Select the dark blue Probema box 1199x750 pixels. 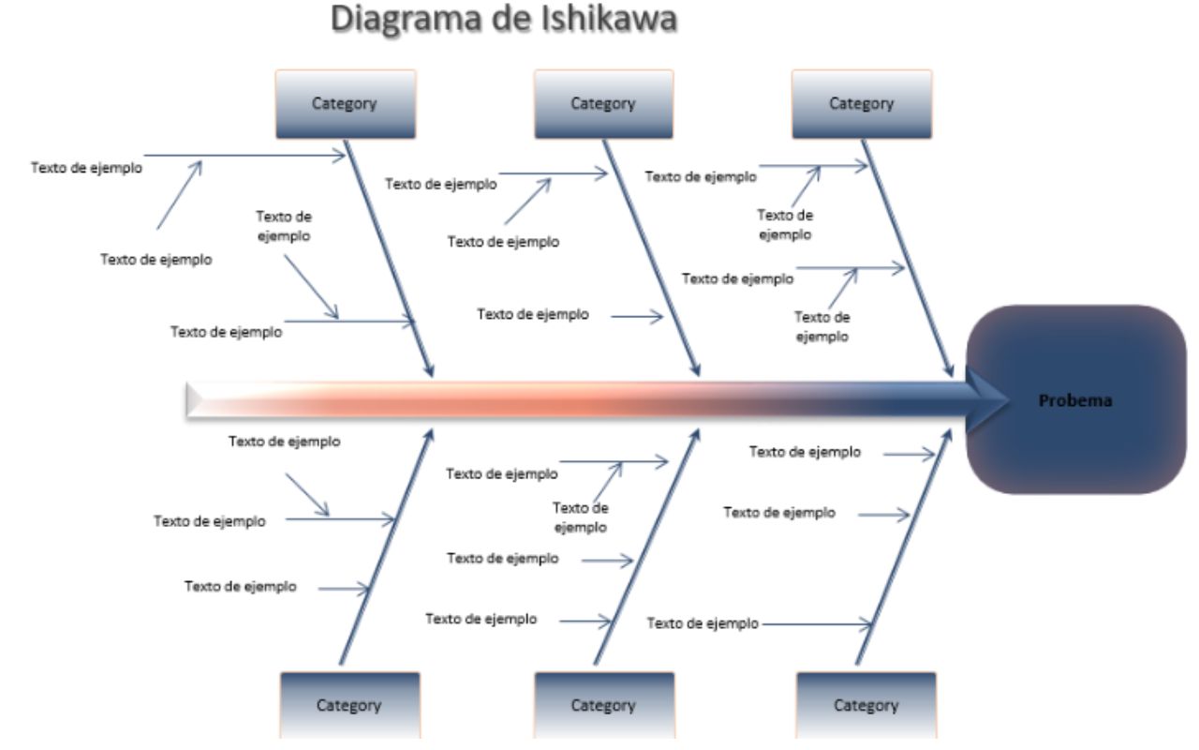[1074, 399]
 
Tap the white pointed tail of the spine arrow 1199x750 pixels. [195, 400]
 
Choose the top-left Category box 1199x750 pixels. [345, 104]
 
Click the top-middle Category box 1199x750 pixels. [603, 104]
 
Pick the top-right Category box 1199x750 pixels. [861, 104]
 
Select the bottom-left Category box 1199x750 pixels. [349, 705]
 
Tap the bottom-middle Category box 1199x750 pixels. [603, 705]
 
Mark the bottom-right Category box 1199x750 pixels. [866, 705]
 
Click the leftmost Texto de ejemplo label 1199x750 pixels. [86, 169]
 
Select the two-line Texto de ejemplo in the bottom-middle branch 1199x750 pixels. [580, 517]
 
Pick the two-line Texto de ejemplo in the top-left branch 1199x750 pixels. [284, 226]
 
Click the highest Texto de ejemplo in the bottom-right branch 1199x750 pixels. [805, 452]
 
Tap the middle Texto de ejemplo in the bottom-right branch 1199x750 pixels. [779, 512]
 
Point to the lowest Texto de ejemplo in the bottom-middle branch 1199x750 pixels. [481, 619]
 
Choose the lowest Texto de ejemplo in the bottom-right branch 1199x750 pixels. [703, 623]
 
